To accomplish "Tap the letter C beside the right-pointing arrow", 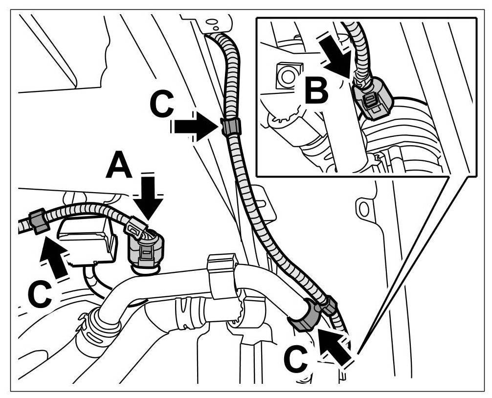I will (x=161, y=105).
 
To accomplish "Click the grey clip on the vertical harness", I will (x=230, y=127).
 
